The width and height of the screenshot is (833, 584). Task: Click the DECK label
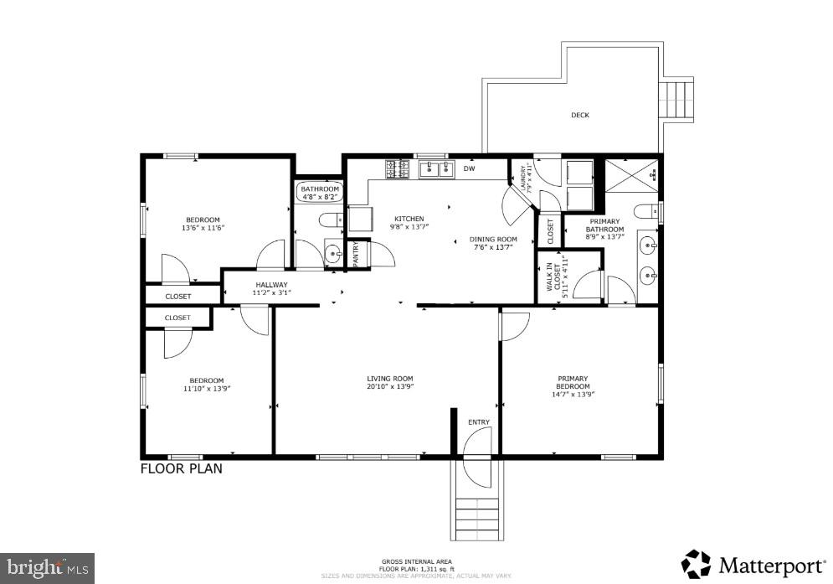(579, 116)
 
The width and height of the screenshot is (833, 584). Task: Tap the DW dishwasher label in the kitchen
(470, 168)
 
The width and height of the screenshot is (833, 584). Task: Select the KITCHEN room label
(409, 219)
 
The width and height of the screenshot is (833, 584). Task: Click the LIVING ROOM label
(389, 379)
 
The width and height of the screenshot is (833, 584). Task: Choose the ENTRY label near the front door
(479, 422)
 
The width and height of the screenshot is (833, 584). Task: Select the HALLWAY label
(271, 285)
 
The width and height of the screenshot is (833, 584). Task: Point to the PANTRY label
(356, 253)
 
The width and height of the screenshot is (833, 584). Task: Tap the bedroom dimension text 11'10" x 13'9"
(206, 388)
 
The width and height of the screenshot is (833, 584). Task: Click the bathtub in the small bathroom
(320, 192)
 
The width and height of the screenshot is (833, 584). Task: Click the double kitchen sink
(433, 170)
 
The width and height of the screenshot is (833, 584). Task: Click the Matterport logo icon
(696, 564)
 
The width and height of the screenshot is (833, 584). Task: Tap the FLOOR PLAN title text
(181, 468)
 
